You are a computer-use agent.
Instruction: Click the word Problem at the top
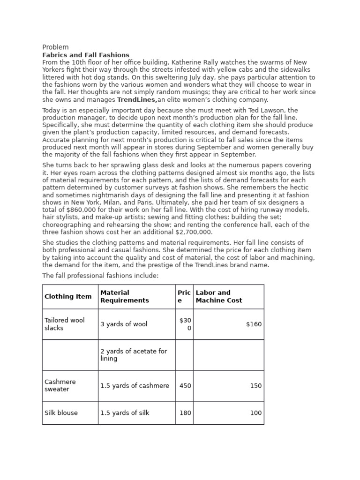[x=55, y=47]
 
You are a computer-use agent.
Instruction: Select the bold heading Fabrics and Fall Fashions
[x=86, y=55]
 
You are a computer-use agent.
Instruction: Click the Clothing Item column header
[x=68, y=297]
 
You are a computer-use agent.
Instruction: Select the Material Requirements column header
[x=125, y=297]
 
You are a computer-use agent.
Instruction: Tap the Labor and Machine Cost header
[x=219, y=297]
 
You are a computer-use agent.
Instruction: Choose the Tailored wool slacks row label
[x=65, y=324]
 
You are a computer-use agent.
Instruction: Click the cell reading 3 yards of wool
[x=124, y=324]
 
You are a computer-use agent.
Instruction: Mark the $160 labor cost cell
[x=254, y=324]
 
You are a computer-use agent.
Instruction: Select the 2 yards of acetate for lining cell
[x=134, y=355]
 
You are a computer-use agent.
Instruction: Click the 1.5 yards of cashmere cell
[x=135, y=386]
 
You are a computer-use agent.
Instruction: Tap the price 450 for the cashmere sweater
[x=185, y=386]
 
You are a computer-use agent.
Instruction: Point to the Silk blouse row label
[x=61, y=413]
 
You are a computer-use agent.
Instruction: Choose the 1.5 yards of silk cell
[x=125, y=413]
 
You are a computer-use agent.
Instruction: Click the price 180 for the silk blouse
[x=185, y=413]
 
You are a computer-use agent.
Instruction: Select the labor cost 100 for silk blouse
[x=256, y=413]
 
